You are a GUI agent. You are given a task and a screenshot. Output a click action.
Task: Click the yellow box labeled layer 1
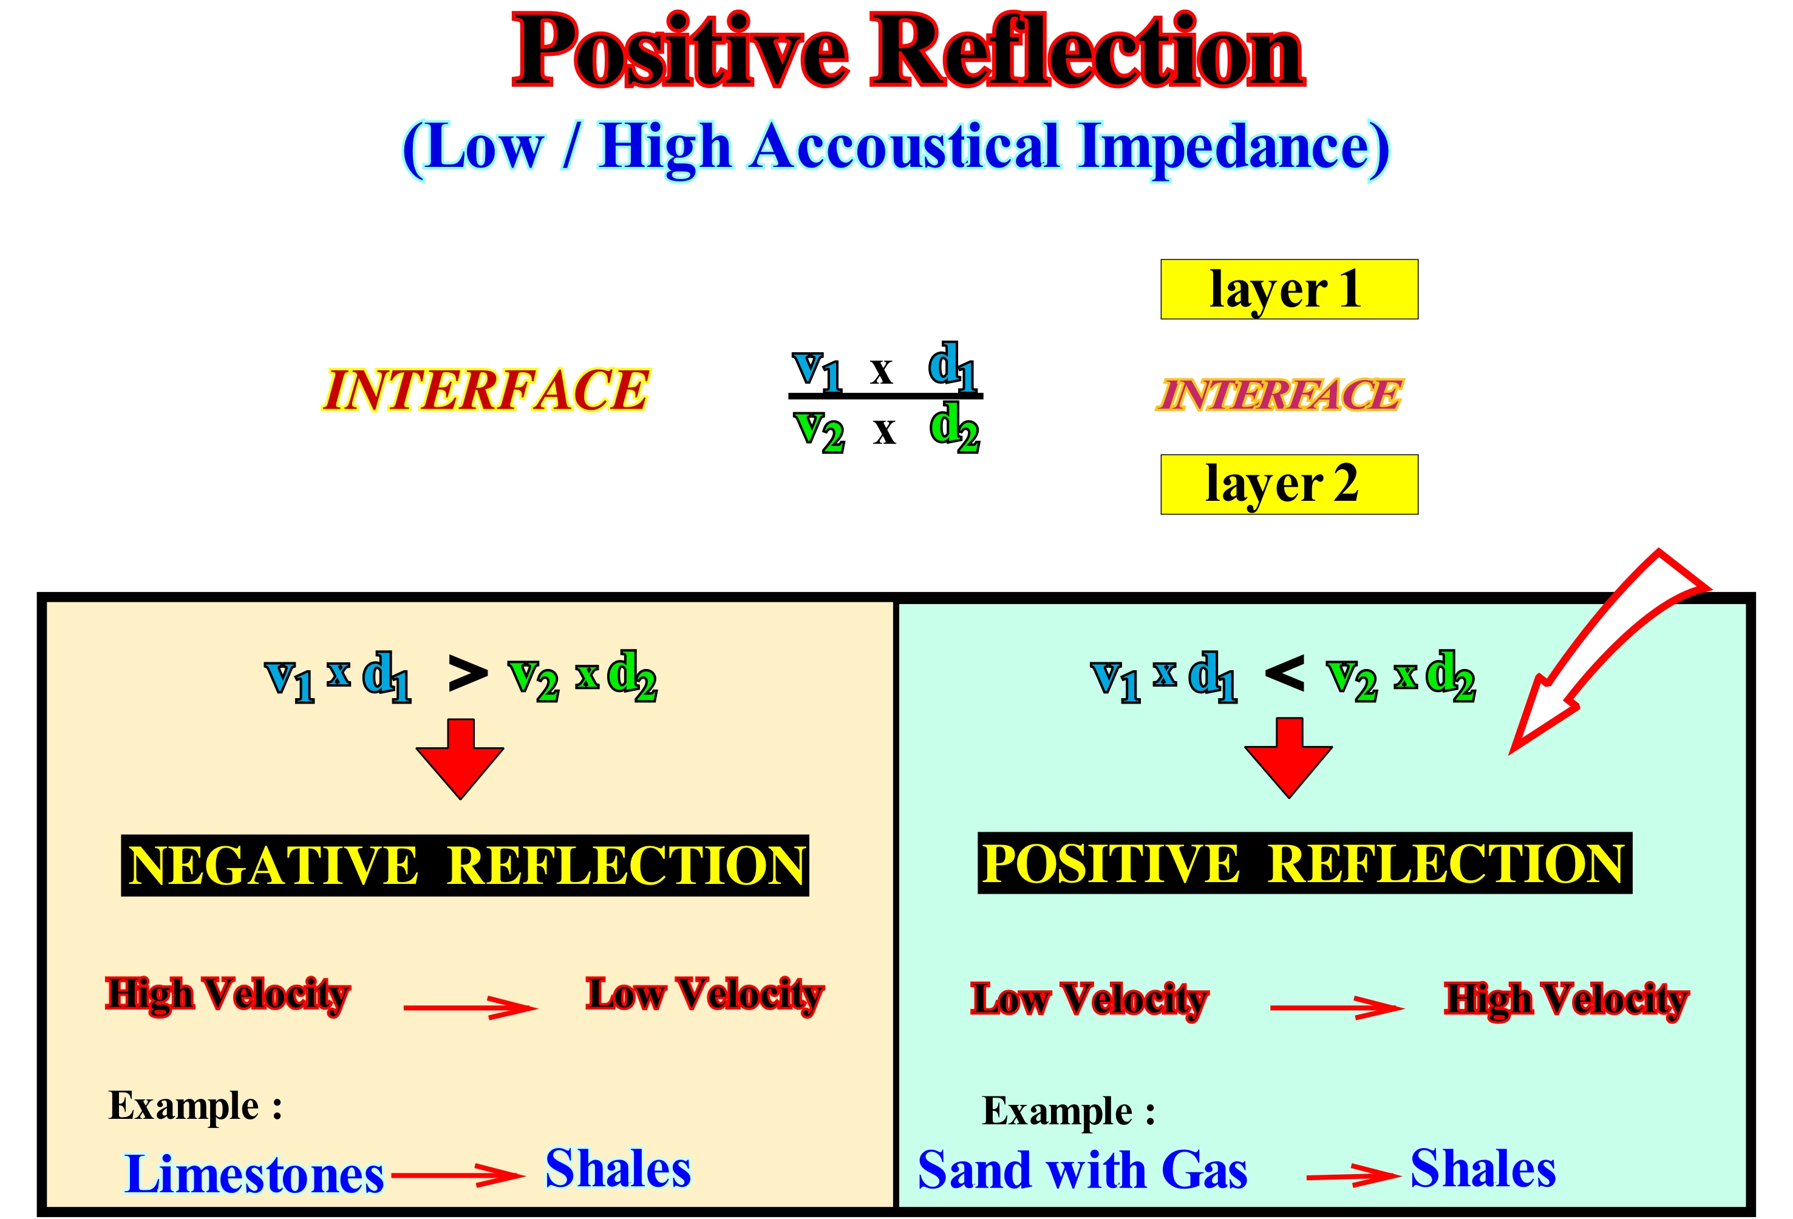pyautogui.click(x=1288, y=290)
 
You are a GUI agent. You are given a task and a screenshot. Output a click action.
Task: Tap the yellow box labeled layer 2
pyautogui.click(x=1288, y=484)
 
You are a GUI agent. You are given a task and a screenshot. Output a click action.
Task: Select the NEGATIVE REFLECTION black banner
pyautogui.click(x=464, y=865)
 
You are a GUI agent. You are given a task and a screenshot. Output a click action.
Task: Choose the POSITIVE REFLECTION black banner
pyautogui.click(x=1304, y=863)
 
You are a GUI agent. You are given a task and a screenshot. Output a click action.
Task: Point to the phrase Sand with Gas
pyautogui.click(x=1081, y=1170)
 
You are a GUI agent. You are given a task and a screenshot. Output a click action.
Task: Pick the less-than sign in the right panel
pyautogui.click(x=1285, y=673)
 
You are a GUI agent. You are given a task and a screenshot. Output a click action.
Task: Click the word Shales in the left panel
pyautogui.click(x=618, y=1168)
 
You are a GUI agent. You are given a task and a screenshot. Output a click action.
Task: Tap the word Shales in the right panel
pyautogui.click(x=1483, y=1168)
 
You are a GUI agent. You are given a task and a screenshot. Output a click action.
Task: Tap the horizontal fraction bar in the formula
pyautogui.click(x=885, y=396)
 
